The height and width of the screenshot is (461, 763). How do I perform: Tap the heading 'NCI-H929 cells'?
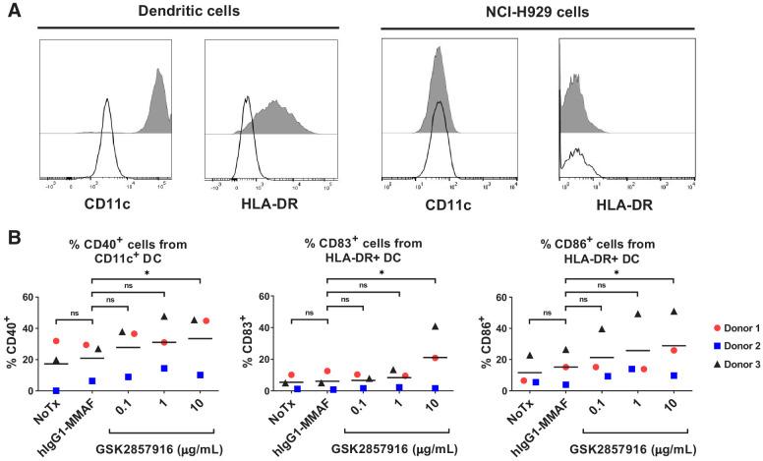[537, 10]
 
